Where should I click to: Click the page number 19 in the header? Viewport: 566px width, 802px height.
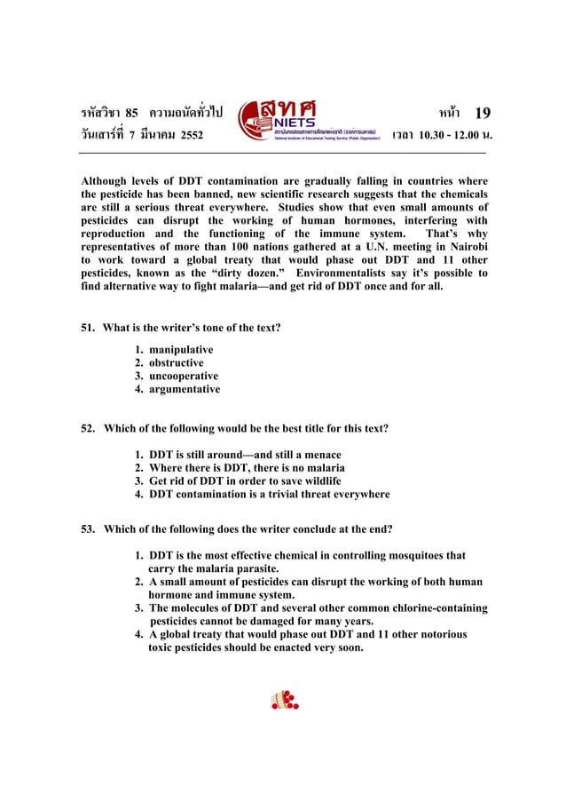482,113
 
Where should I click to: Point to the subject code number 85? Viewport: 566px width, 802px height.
131,113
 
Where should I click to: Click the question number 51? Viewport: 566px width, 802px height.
89,328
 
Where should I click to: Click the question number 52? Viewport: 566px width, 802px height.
89,428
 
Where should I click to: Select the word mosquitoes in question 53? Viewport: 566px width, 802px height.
408,556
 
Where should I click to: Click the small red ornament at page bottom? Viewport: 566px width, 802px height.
284,701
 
